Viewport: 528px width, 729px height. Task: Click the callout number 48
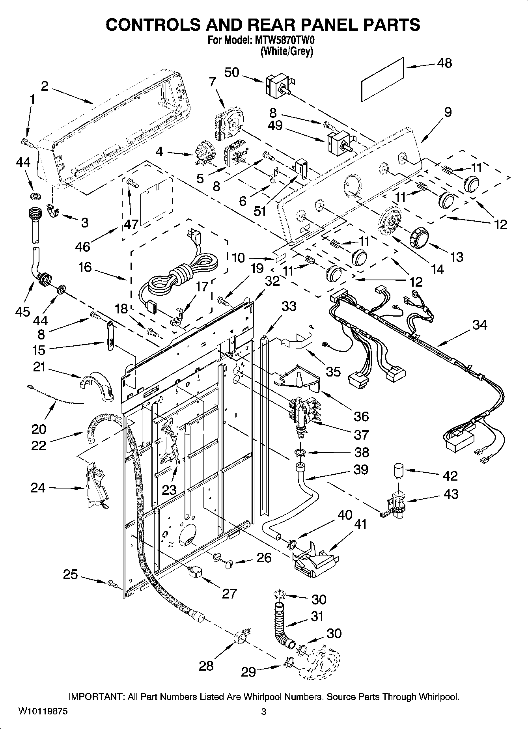pos(444,63)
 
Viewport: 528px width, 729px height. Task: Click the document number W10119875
pos(43,711)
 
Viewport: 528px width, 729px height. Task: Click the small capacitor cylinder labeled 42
pos(399,471)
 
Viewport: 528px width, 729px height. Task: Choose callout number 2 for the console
pos(44,86)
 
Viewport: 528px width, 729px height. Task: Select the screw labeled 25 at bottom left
pos(112,582)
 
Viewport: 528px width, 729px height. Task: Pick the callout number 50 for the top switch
pos(232,73)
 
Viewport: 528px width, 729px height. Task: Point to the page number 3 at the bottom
pos(264,712)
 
